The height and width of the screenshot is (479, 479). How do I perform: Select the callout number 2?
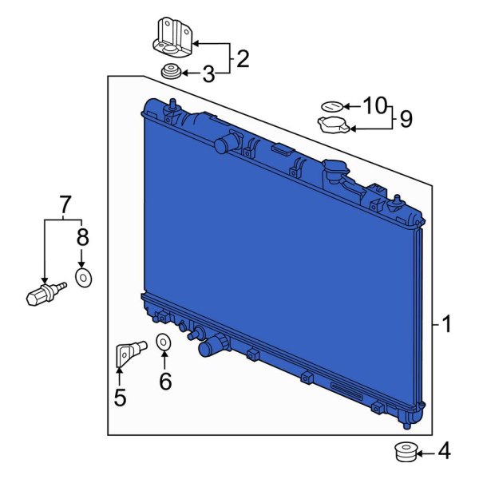point(242,58)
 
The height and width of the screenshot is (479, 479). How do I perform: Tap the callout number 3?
point(208,75)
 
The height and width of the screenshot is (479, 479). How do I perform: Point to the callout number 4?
point(444,453)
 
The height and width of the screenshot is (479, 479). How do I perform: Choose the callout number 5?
point(120,397)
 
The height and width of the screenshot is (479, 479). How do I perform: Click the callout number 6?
point(165,382)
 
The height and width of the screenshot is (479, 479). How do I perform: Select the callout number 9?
point(406,120)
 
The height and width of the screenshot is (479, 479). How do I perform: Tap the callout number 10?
point(374,105)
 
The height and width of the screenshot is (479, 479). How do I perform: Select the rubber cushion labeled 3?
point(169,73)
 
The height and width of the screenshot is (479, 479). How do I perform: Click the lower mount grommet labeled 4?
point(407,453)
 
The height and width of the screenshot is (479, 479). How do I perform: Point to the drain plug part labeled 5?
point(128,352)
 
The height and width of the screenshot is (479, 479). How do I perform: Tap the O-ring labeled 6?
point(163,342)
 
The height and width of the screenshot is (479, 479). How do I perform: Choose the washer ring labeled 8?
point(83,277)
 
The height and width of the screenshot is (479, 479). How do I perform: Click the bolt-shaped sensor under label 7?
point(43,293)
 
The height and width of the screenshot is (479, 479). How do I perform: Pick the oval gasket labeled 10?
point(331,105)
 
